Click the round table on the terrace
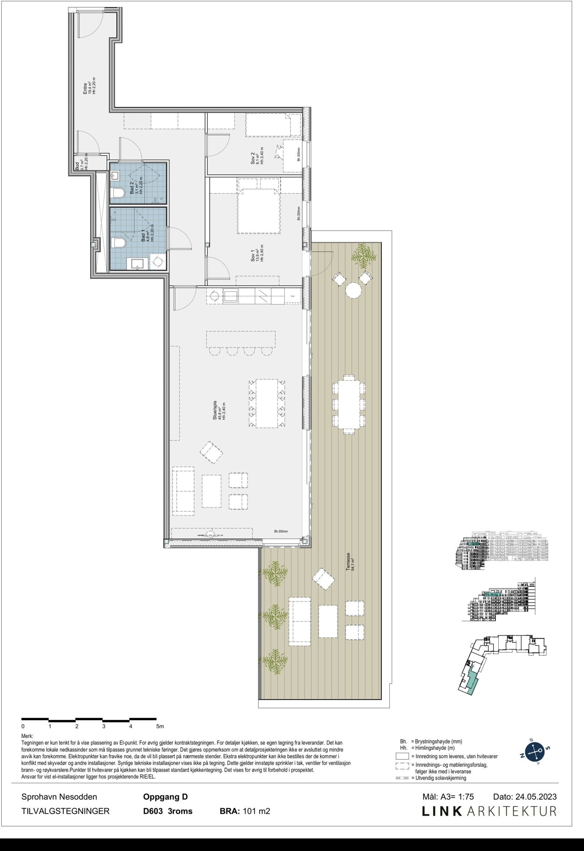(x=353, y=291)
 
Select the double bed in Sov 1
(x=259, y=211)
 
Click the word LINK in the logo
(x=442, y=811)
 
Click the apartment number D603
(x=153, y=811)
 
